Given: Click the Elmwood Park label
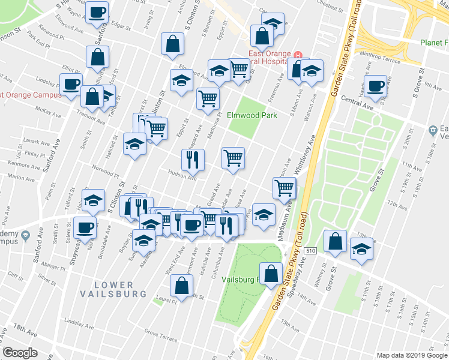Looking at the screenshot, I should (252, 115).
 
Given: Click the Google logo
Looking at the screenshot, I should (20, 353).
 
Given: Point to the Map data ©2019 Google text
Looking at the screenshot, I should (411, 355).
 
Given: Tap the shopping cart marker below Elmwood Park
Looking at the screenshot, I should (233, 158).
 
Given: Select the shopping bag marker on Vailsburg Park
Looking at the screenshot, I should (271, 273).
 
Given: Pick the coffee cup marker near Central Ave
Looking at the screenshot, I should (376, 86).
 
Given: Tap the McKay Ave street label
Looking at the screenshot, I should (49, 112).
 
